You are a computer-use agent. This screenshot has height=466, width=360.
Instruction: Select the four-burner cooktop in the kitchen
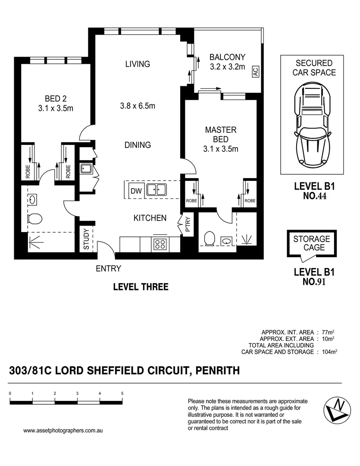pyautogui.click(x=160, y=244)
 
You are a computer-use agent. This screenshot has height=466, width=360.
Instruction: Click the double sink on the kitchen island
pyautogui.click(x=156, y=190)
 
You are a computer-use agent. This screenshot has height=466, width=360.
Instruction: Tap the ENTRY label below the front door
pyautogui.click(x=108, y=269)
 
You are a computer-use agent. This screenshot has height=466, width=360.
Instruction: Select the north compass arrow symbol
pyautogui.click(x=338, y=408)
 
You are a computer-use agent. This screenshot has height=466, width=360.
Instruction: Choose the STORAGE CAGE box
pyautogui.click(x=312, y=243)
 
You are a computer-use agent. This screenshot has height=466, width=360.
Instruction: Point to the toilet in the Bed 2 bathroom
pyautogui.click(x=34, y=219)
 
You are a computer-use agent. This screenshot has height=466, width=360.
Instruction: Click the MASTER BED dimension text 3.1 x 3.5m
pyautogui.click(x=221, y=149)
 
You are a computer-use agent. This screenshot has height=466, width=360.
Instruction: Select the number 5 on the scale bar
pyautogui.click(x=122, y=394)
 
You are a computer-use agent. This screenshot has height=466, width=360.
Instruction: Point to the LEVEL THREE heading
pyautogui.click(x=140, y=287)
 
